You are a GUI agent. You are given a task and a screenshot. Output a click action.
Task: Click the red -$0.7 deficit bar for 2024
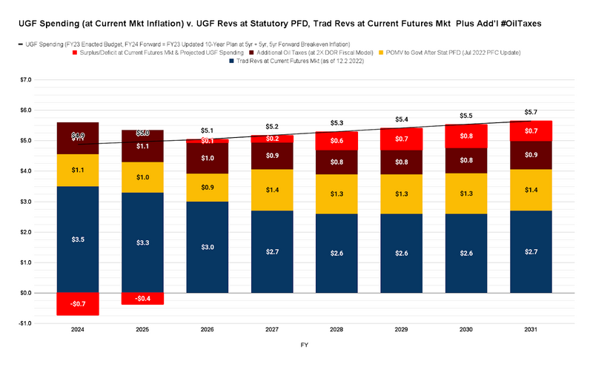[77, 304]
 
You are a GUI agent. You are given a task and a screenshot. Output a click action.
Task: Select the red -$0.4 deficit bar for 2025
[143, 299]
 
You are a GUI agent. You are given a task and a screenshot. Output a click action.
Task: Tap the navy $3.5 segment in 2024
[77, 239]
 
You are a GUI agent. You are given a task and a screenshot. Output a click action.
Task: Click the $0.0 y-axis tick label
[26, 293]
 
